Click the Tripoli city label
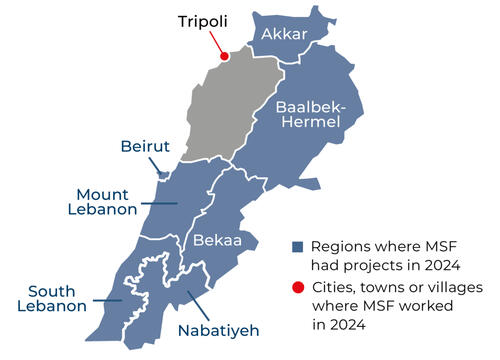point(205,22)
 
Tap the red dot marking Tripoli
point(224,56)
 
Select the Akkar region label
point(285,36)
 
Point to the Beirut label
point(145,147)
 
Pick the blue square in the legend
point(298,247)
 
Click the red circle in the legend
point(298,289)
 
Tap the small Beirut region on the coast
point(163,174)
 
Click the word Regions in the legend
point(342,247)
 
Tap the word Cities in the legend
point(336,289)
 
